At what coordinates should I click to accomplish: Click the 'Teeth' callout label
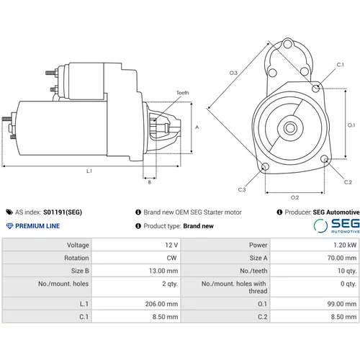point(183,93)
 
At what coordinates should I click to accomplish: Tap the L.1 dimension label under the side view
point(89,171)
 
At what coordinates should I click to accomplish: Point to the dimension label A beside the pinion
point(197,127)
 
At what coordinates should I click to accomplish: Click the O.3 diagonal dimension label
point(233,73)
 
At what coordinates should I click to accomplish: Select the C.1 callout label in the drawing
point(340,65)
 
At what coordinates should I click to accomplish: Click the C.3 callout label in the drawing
point(242,189)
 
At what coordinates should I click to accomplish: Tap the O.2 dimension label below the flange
point(294,197)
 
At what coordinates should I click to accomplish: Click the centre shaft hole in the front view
point(290,128)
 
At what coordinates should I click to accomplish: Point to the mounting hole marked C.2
point(325,158)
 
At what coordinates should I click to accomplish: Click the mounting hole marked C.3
point(265,166)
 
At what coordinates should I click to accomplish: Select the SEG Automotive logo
point(336,226)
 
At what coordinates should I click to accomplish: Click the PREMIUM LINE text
point(37,226)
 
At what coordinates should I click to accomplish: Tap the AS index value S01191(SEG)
point(63,212)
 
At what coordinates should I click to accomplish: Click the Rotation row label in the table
point(76,258)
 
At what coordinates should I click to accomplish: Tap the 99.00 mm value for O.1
point(342,304)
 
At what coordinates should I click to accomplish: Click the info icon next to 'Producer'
point(279,212)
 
